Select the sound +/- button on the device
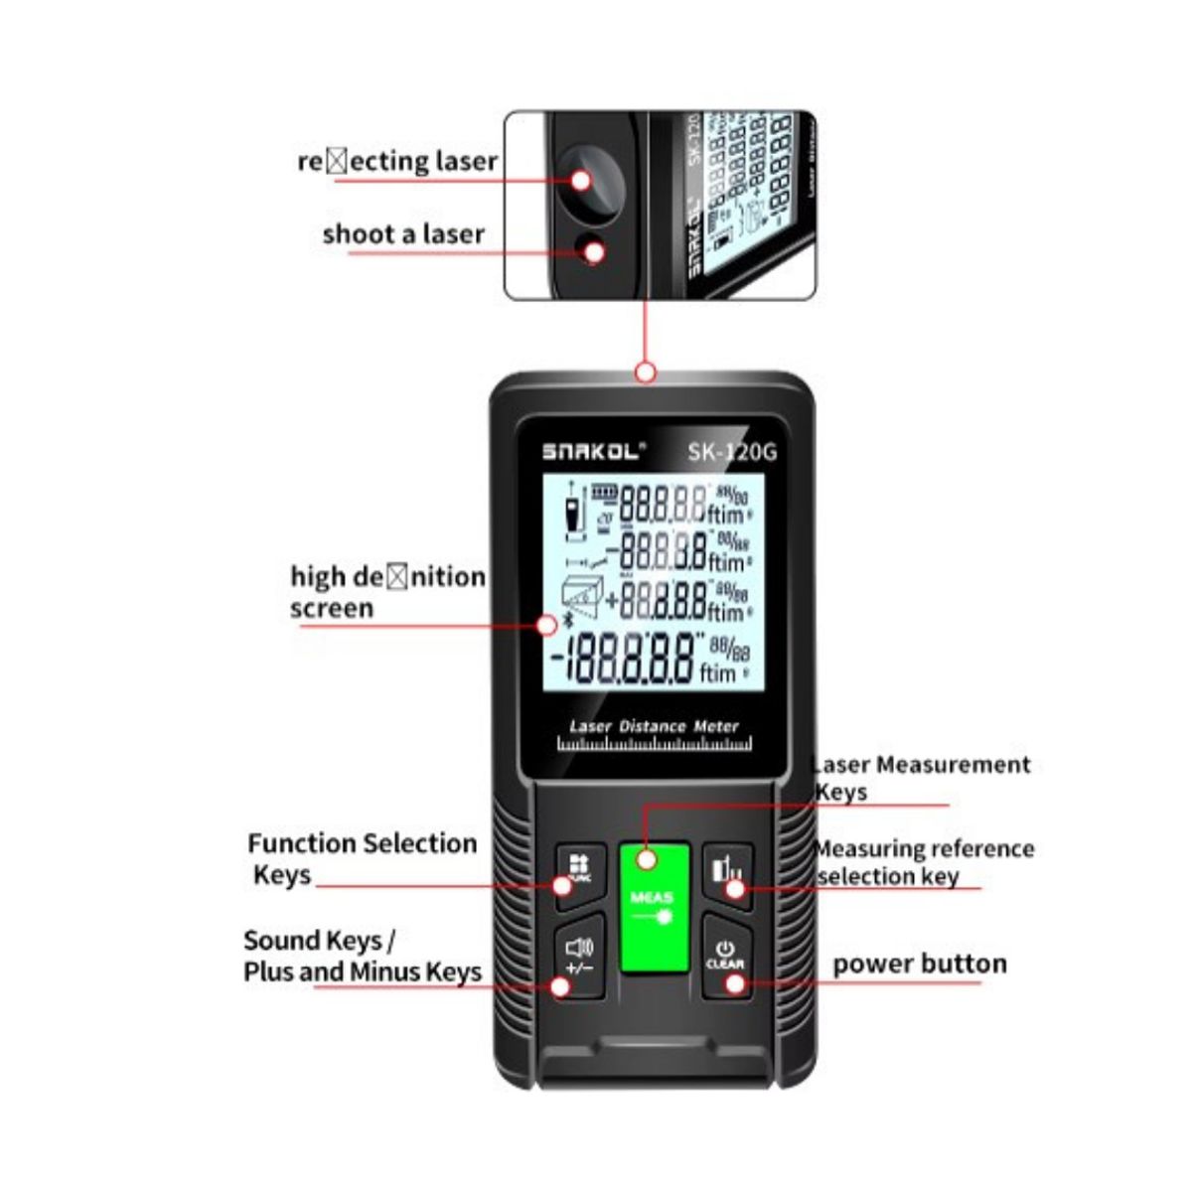click(578, 956)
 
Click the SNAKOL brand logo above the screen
click(593, 451)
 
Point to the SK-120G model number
click(732, 452)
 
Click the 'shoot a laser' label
click(403, 234)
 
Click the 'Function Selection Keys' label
click(362, 859)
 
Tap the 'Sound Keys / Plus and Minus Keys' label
click(362, 956)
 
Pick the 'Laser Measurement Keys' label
click(921, 778)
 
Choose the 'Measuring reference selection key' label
click(924, 862)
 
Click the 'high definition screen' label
click(387, 592)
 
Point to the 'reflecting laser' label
click(397, 161)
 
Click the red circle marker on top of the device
click(646, 373)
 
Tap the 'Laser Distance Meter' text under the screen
click(654, 726)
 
